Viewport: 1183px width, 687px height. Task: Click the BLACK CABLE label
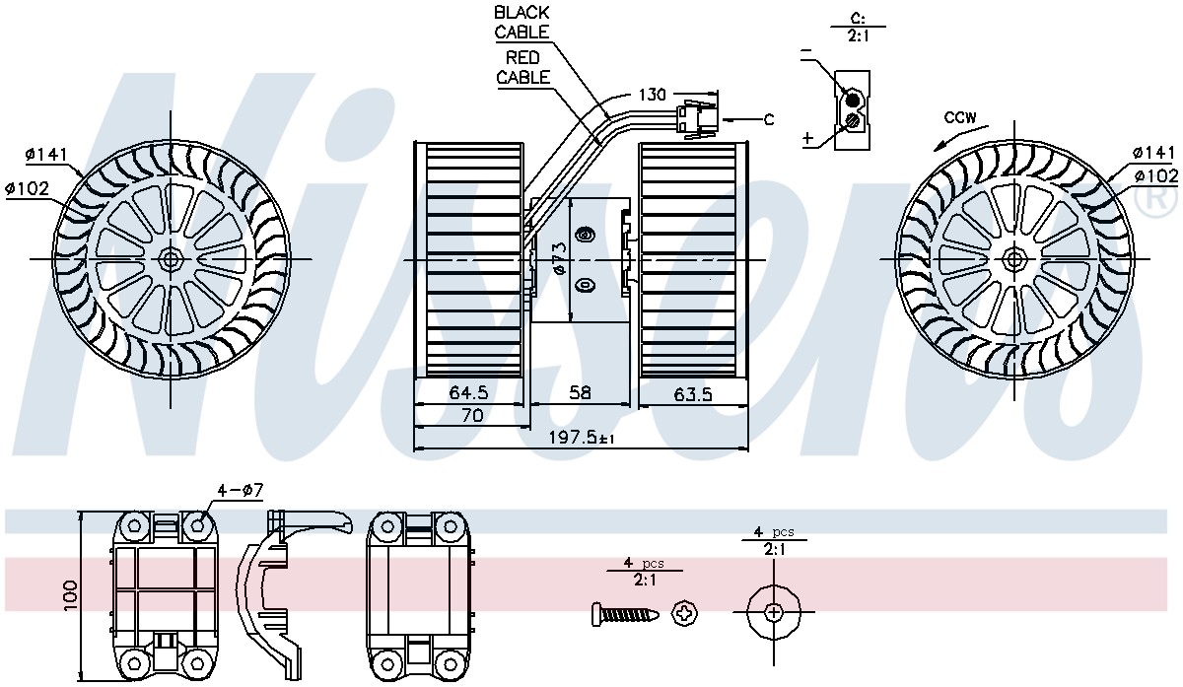pyautogui.click(x=522, y=23)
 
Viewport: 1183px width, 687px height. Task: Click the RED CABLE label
pyautogui.click(x=522, y=67)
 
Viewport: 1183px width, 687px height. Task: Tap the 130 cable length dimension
pyautogui.click(x=653, y=95)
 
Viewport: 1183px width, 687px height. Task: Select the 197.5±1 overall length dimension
pyautogui.click(x=582, y=438)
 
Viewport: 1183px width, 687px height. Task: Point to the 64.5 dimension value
pyautogui.click(x=468, y=392)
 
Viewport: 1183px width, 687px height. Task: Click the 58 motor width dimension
pyautogui.click(x=580, y=392)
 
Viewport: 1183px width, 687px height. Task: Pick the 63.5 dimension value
pyautogui.click(x=692, y=394)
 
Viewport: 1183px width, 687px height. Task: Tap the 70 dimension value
pyautogui.click(x=472, y=416)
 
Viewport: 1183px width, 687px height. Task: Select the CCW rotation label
pyautogui.click(x=960, y=117)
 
